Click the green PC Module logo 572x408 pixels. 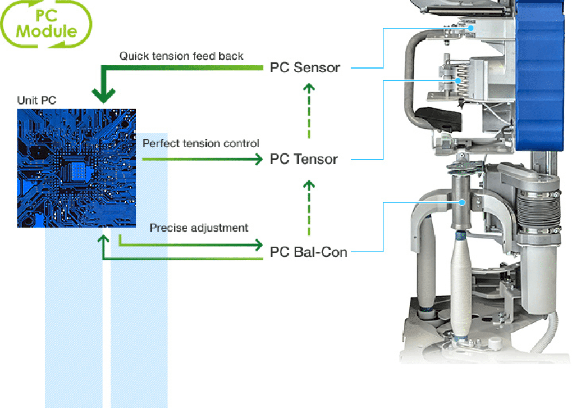point(47,23)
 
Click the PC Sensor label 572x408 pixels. point(305,68)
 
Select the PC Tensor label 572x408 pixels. point(304,159)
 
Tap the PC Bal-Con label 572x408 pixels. point(309,251)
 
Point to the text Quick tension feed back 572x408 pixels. point(181,56)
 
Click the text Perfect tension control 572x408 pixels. point(200,143)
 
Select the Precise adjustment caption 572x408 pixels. point(199,228)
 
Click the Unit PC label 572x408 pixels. point(36,101)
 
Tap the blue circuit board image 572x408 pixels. point(76,168)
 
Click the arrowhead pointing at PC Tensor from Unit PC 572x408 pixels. point(258,160)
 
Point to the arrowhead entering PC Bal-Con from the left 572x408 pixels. point(258,245)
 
